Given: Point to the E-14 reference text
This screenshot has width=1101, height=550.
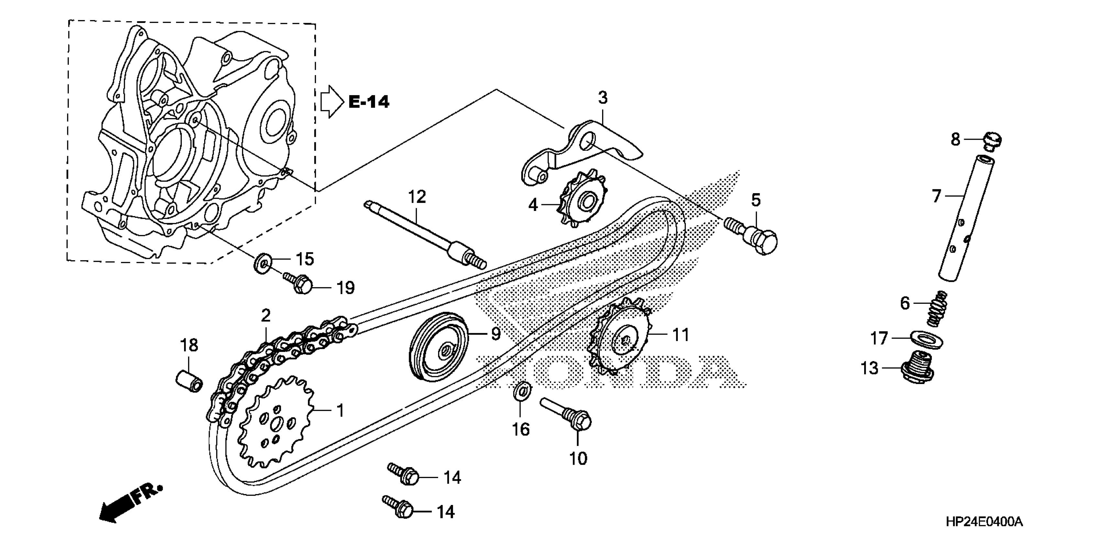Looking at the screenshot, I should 369,102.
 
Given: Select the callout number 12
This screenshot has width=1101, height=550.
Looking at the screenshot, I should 417,197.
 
